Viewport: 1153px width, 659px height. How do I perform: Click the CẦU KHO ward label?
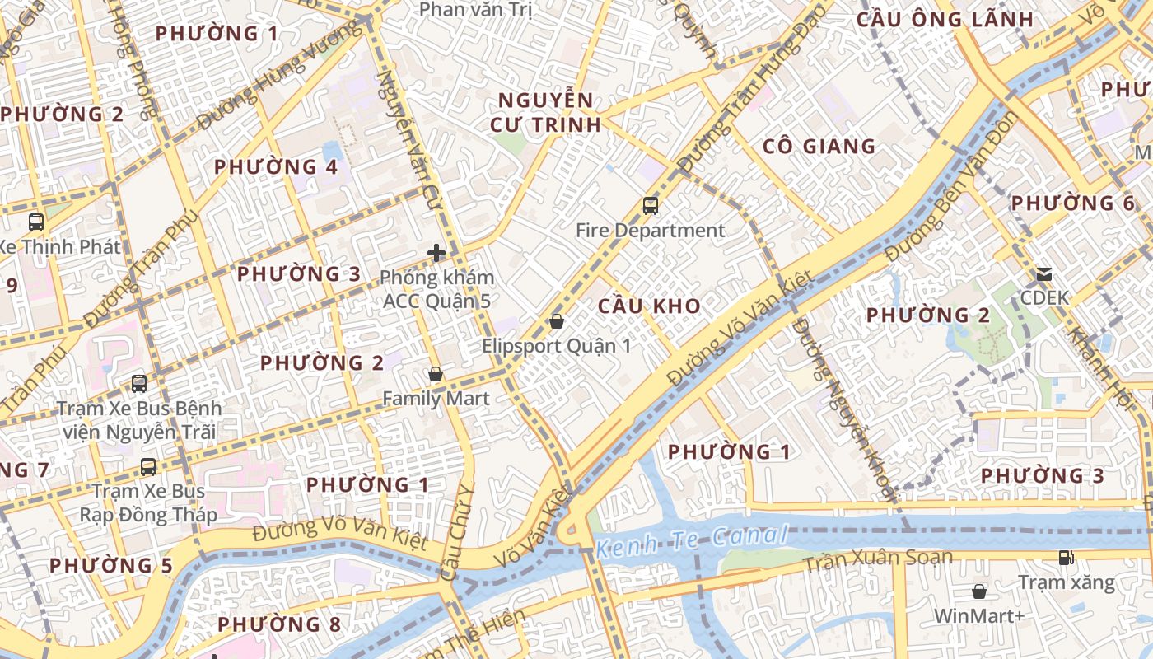(649, 306)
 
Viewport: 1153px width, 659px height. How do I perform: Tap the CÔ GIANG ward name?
(819, 147)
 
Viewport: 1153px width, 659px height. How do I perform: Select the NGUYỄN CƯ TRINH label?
(545, 113)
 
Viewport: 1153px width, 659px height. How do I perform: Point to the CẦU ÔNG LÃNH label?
(945, 20)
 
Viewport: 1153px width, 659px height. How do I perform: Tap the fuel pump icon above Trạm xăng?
(1066, 558)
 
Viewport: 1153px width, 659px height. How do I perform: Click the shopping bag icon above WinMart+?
(978, 591)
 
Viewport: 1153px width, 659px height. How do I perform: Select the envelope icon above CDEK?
(1043, 273)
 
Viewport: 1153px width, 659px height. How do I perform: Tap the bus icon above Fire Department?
(651, 206)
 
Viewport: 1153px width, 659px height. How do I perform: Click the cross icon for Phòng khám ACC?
(436, 253)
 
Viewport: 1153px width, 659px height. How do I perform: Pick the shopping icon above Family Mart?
(436, 375)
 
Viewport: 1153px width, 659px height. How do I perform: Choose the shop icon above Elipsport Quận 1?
(557, 321)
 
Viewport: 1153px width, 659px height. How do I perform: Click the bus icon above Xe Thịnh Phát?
(36, 222)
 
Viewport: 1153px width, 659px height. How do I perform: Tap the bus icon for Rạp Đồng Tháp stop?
(148, 467)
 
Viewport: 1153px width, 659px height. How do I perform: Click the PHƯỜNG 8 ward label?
(279, 624)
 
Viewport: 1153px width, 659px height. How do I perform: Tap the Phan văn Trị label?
(476, 10)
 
